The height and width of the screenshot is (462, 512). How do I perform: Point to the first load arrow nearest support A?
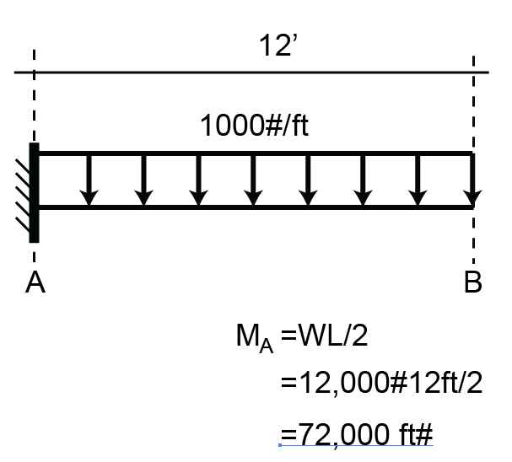pos(89,180)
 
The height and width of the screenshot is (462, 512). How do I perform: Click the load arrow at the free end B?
pos(472,180)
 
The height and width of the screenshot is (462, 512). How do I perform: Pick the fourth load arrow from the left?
pos(253,180)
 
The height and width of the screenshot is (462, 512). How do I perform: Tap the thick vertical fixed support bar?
pos(34,193)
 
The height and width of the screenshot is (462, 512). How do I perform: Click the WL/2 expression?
pos(330,338)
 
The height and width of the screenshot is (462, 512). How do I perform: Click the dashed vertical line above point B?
pos(473,101)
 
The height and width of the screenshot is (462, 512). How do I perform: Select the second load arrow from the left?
pos(143,180)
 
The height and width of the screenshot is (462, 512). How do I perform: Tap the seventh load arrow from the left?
pos(418,180)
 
